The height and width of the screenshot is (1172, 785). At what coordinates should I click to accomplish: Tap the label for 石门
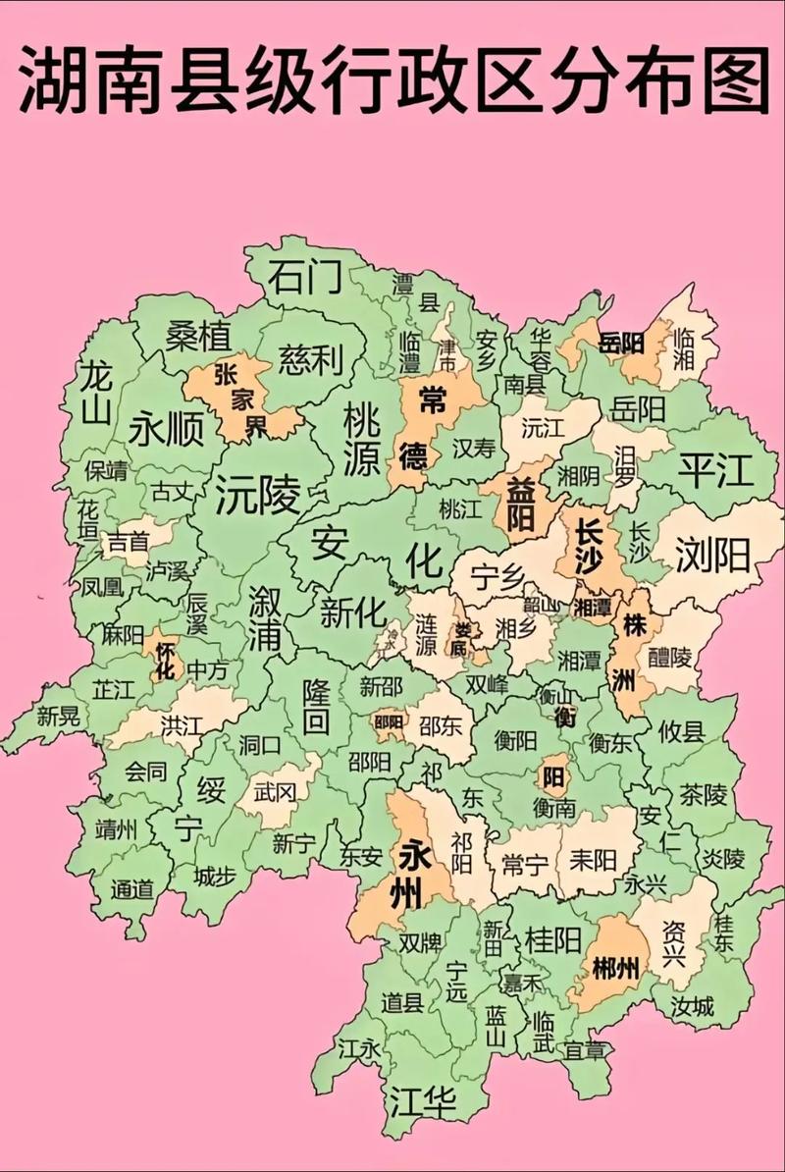[x=304, y=278]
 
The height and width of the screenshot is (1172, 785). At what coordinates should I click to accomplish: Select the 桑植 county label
[x=197, y=337]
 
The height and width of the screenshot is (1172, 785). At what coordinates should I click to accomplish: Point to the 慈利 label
[x=310, y=359]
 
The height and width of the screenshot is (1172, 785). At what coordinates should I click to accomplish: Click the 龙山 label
[x=95, y=392]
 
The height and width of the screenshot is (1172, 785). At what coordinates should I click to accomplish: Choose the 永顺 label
[x=167, y=428]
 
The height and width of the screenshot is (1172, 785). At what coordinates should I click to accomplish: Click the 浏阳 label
[x=713, y=557]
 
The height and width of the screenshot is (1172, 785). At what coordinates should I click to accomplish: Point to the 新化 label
[x=353, y=613]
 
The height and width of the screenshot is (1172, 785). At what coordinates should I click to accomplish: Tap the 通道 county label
[x=132, y=889]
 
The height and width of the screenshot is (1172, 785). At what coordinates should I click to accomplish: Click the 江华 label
[x=422, y=1100]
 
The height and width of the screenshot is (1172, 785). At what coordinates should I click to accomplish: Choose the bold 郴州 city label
[x=616, y=969]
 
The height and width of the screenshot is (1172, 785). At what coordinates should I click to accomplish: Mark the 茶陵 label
[x=704, y=793]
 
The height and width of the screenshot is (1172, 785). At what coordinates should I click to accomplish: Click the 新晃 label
[x=59, y=717]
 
